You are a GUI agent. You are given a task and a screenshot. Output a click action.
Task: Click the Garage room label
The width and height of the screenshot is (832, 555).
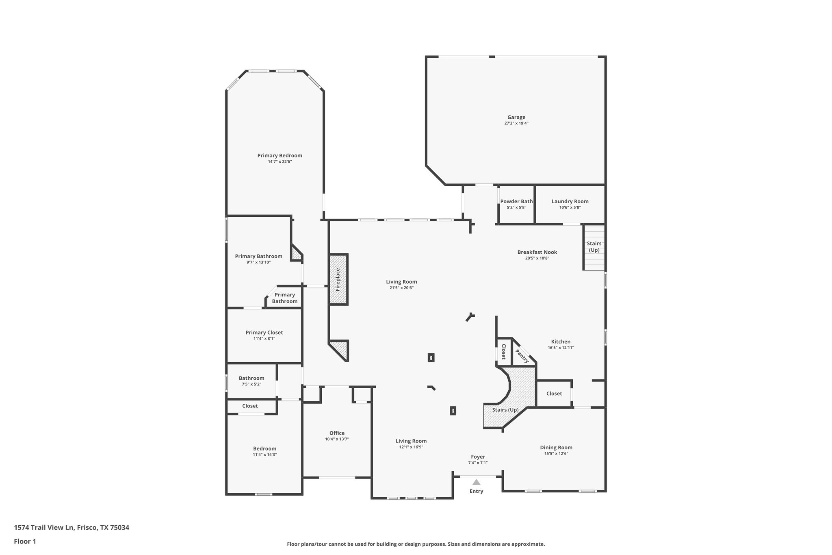[516, 118]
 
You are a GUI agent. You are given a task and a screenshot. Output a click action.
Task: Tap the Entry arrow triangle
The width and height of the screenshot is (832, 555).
[477, 482]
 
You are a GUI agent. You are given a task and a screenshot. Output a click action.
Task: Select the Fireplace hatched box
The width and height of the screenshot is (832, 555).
[338, 279]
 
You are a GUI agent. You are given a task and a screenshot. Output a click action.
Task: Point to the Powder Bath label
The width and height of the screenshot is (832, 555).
[516, 201]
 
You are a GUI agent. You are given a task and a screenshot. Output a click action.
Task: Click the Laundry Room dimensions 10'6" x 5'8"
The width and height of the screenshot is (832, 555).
[570, 207]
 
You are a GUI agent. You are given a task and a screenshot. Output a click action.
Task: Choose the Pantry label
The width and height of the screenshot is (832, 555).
[522, 356]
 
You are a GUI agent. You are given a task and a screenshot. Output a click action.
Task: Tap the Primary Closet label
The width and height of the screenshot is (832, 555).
[264, 333]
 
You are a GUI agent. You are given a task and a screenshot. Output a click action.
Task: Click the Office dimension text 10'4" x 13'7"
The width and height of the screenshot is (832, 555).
[337, 439]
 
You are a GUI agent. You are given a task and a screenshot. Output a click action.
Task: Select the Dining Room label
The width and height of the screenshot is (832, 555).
[556, 447]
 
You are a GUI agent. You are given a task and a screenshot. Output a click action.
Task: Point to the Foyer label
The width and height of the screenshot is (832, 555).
[478, 457]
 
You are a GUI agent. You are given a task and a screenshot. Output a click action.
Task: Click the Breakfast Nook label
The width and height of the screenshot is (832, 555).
[537, 252]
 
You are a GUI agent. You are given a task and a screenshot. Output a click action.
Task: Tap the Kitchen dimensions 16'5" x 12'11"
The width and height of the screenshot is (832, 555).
[561, 348]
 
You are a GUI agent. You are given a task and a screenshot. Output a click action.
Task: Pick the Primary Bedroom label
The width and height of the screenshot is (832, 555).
[279, 155]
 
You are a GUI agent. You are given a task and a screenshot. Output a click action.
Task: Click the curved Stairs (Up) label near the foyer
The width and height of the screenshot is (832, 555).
[505, 410]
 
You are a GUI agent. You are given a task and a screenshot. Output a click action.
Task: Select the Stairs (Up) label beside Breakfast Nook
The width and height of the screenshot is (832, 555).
[594, 247]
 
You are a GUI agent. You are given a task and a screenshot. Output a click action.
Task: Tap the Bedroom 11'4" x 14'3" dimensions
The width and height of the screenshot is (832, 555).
[264, 455]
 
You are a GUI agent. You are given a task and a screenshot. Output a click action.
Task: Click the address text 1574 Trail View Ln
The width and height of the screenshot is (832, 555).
[44, 528]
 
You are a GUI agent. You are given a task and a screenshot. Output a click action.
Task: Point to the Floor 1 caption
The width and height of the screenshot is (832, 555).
[25, 541]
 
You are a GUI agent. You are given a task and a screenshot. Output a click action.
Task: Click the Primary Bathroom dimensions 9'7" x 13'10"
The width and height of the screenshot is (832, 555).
[258, 262]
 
